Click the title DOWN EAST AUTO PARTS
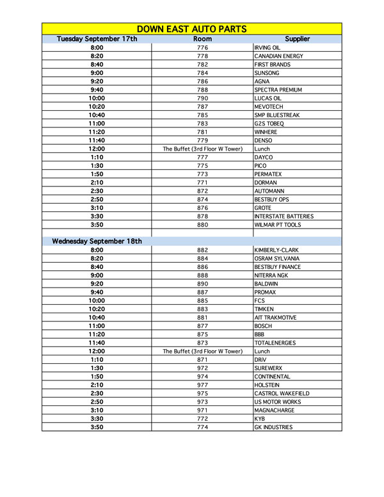coord(192,29)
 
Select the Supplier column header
coord(297,39)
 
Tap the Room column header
coord(202,39)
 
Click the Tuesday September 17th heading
coord(97,39)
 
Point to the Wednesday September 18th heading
coord(97,241)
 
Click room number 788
coord(202,90)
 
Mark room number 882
coord(202,250)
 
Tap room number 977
coord(202,385)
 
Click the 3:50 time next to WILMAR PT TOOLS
coord(97,225)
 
